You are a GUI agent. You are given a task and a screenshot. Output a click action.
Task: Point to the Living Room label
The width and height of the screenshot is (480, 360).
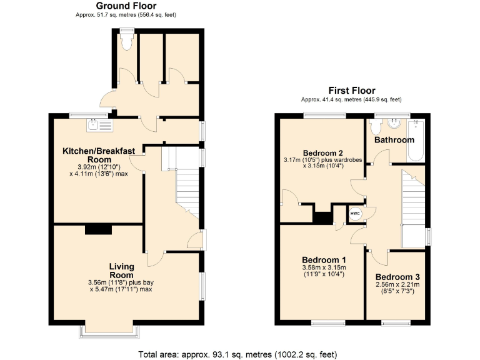click(x=121, y=270)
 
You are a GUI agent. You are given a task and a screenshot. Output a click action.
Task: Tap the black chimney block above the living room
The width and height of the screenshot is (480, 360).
click(x=98, y=229)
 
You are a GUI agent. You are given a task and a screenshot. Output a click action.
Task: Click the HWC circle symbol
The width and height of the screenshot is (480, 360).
click(x=355, y=214)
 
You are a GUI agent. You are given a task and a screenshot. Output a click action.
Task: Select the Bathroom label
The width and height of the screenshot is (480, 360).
click(x=394, y=140)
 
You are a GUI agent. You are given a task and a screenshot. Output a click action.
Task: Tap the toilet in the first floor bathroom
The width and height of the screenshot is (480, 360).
click(x=376, y=127)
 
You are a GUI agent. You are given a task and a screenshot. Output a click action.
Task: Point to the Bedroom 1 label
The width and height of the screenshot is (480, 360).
click(x=324, y=259)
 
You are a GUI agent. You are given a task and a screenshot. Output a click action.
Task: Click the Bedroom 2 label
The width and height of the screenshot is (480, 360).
click(x=323, y=153)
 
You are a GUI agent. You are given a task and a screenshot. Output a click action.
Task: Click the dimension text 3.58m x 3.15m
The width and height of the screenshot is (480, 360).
click(x=324, y=268)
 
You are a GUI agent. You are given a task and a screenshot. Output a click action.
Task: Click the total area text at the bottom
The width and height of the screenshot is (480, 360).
click(x=237, y=354)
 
